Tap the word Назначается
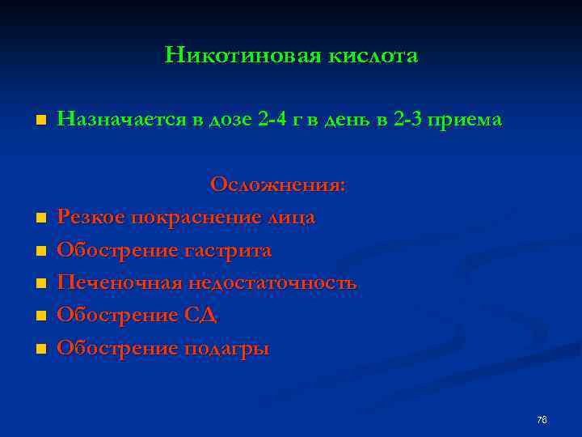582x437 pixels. tap(122, 121)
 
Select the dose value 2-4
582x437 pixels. tap(276, 121)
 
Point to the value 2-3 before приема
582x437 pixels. tap(398, 121)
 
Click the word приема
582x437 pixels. tap(464, 121)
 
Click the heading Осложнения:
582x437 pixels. tap(278, 185)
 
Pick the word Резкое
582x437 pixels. tap(92, 218)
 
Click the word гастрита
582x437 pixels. tap(230, 252)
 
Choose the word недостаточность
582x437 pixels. tap(272, 284)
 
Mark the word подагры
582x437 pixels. tap(230, 350)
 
